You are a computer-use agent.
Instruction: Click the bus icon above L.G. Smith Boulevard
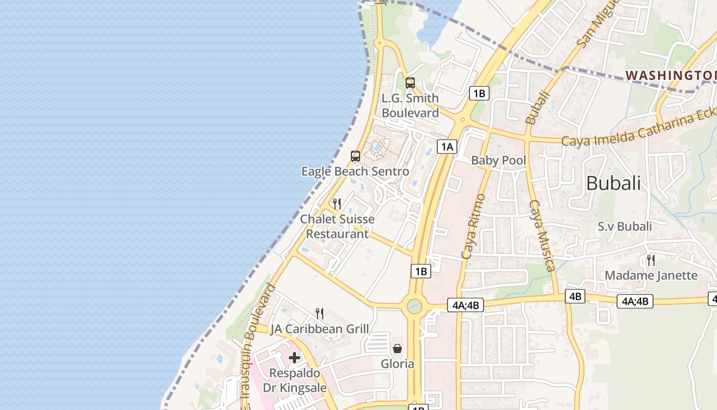[410, 83]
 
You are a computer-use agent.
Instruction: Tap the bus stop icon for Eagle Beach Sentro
[355, 156]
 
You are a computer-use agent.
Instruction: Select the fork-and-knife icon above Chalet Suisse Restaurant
[337, 204]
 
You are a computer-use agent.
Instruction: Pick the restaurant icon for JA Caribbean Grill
[320, 313]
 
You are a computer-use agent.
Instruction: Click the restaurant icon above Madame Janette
[650, 260]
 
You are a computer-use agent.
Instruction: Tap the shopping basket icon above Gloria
[397, 348]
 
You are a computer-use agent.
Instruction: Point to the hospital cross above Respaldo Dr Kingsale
[294, 357]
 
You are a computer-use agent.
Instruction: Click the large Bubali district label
[613, 183]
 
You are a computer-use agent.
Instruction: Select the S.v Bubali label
[625, 226]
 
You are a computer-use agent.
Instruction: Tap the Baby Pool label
[498, 160]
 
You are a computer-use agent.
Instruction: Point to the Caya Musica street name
[542, 236]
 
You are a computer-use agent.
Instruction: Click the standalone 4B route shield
[575, 296]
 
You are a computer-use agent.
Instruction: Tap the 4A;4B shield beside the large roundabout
[466, 305]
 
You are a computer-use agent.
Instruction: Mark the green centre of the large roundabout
[414, 306]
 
